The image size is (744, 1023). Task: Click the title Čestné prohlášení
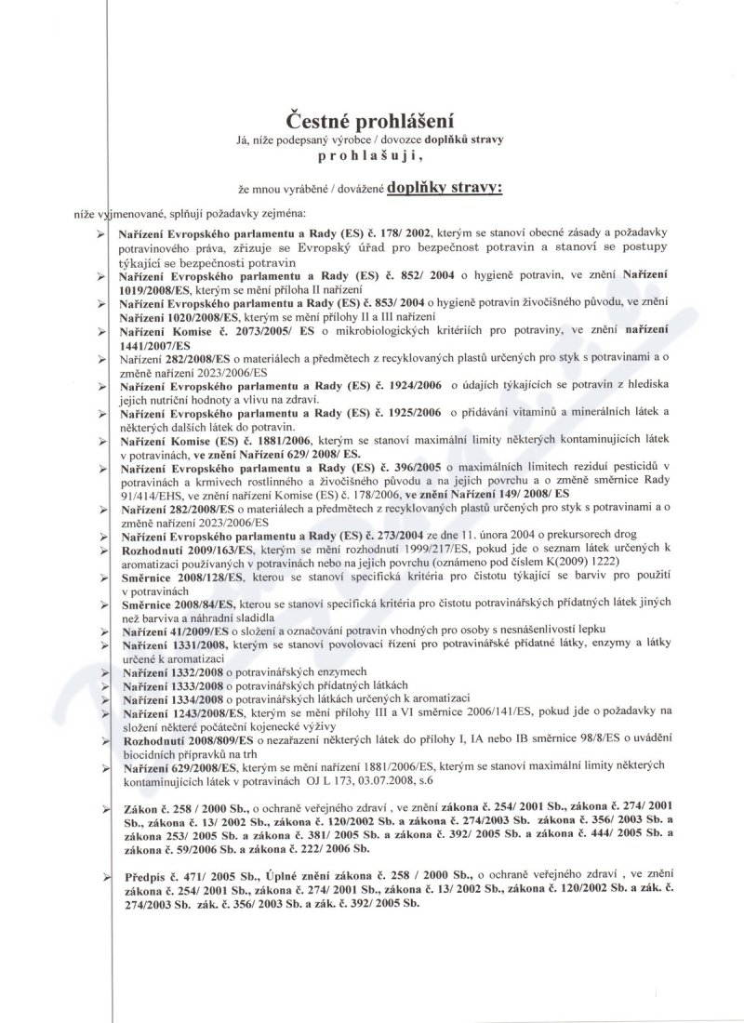372,120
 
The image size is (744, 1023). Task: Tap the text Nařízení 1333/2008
168,684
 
